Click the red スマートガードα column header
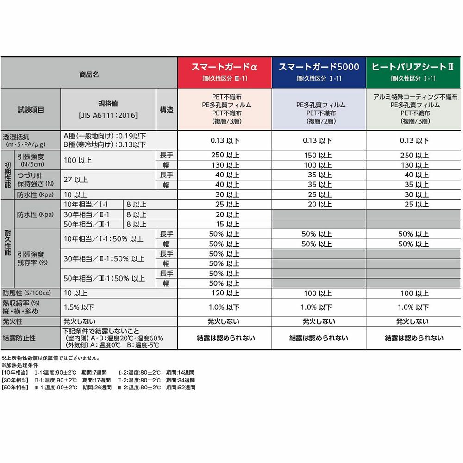(x=225, y=72)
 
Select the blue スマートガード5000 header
(x=319, y=72)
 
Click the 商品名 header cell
(x=88, y=74)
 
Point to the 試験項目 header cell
(x=31, y=110)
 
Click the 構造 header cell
(x=167, y=110)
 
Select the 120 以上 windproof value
(x=225, y=293)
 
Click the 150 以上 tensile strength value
(x=319, y=155)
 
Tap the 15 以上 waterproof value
(x=225, y=224)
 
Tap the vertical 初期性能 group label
(x=7, y=175)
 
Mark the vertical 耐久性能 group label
(x=7, y=244)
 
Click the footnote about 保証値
(x=50, y=358)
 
